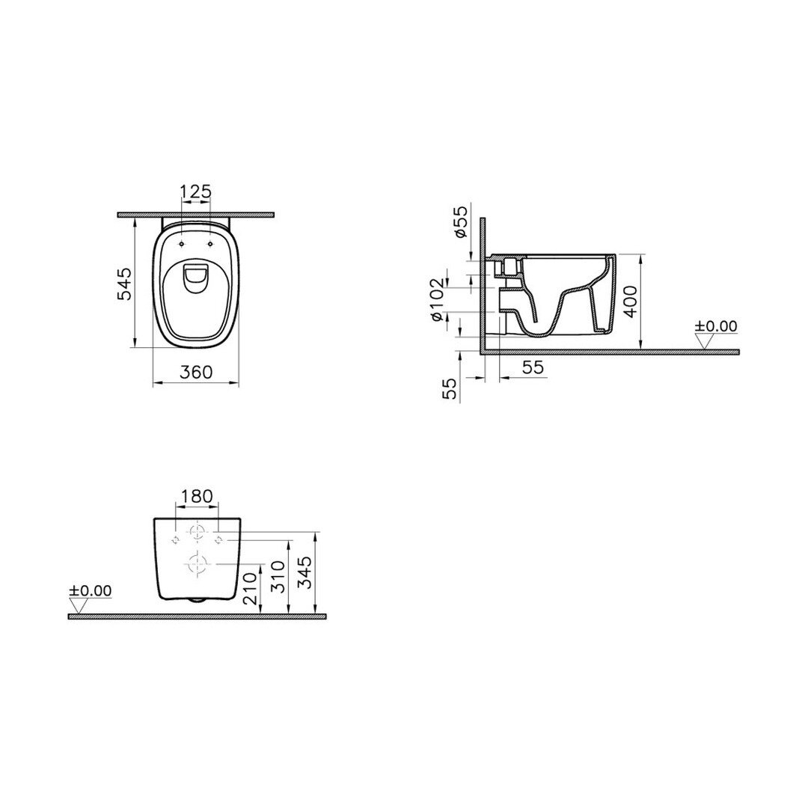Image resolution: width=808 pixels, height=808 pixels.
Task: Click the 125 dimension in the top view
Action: (x=196, y=192)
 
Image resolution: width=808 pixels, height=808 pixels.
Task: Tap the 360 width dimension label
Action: (x=196, y=372)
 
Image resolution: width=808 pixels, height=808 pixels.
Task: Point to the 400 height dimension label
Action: (x=630, y=302)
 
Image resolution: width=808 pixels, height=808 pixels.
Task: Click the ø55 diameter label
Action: (x=461, y=221)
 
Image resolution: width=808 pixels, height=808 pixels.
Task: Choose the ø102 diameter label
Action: (x=437, y=300)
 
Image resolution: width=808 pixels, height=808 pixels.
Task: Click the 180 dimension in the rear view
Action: (x=198, y=496)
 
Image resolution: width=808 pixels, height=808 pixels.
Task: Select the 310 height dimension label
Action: (x=278, y=577)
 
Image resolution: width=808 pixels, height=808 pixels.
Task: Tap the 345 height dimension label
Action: (x=306, y=573)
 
